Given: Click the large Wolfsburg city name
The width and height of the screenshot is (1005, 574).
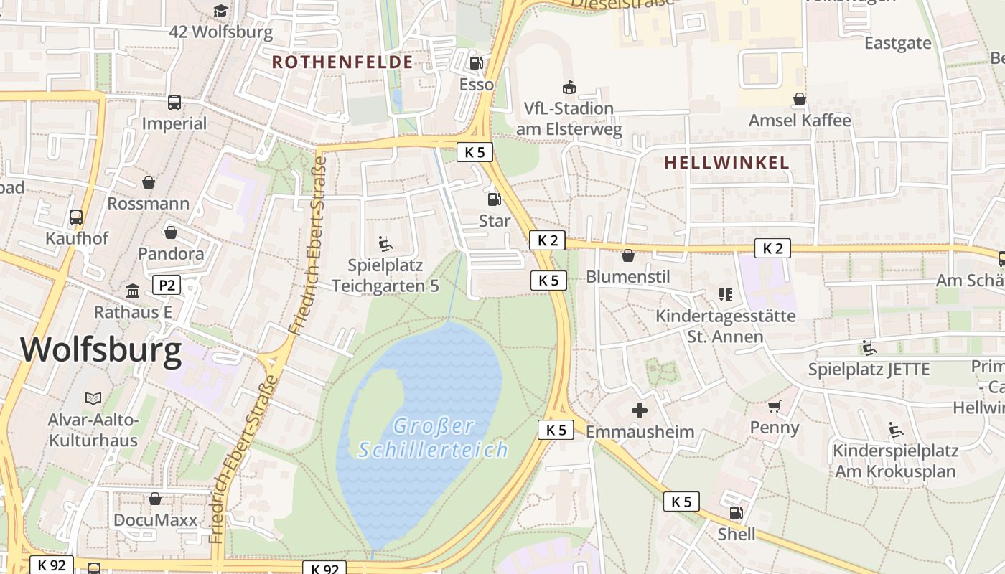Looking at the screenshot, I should (100, 350).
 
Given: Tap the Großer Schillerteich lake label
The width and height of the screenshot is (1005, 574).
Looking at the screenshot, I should (434, 438).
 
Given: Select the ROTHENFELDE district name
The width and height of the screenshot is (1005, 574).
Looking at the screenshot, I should (342, 62).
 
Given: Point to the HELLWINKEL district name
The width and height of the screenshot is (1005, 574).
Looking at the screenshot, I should (726, 163).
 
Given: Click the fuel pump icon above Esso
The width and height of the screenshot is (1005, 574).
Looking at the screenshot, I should (476, 63).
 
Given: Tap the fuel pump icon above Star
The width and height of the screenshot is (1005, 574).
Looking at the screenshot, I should (494, 199).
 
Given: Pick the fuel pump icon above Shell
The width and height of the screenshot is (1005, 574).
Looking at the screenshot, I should (736, 513).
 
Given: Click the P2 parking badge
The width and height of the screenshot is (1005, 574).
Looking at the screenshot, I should (167, 286).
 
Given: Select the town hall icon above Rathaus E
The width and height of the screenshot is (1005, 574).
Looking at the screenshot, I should (133, 291).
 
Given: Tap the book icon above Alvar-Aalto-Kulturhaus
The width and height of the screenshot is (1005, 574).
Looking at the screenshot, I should (93, 397).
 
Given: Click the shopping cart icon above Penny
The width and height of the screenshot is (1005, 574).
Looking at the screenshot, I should (774, 407).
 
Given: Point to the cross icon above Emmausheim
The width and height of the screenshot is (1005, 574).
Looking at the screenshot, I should (639, 410).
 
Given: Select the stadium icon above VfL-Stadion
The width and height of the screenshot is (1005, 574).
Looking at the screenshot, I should (569, 87).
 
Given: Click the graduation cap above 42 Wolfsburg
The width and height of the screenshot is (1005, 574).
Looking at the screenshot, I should (220, 11).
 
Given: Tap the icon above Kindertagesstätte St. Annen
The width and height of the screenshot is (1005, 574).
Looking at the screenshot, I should (725, 294).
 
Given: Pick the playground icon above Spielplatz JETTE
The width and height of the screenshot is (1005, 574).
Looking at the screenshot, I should (869, 348).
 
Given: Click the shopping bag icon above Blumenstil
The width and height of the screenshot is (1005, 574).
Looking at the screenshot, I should (628, 255).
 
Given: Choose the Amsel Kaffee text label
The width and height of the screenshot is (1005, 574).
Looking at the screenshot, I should (800, 121).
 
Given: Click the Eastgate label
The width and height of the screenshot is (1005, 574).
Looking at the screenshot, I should (897, 43).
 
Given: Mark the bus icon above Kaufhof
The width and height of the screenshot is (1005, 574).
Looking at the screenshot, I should (75, 217).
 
